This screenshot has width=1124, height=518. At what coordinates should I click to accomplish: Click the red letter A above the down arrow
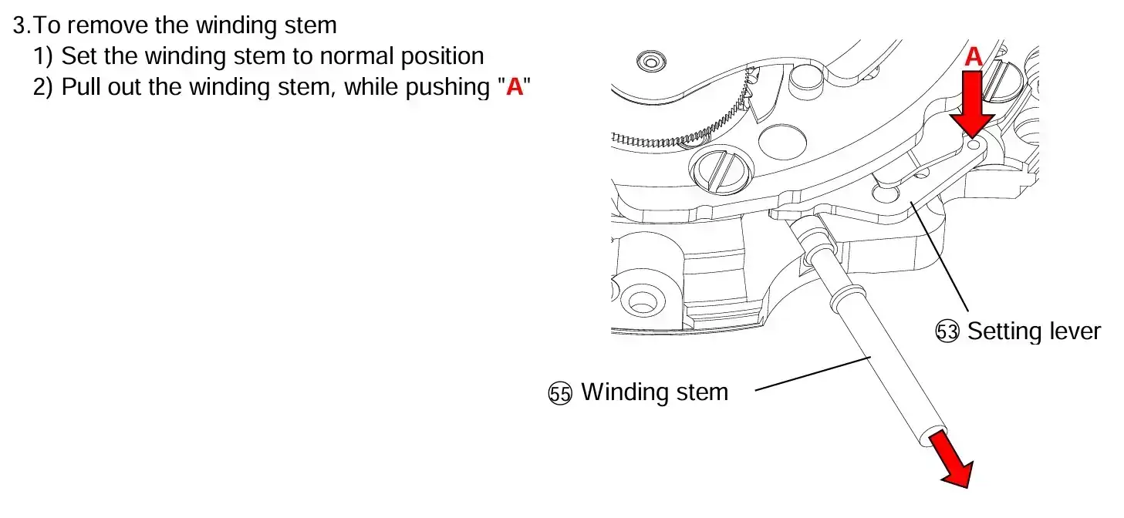click(973, 56)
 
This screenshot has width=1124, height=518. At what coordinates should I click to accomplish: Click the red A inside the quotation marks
click(515, 87)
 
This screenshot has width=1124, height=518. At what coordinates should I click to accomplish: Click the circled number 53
click(947, 331)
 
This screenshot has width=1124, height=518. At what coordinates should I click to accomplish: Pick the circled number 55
click(560, 393)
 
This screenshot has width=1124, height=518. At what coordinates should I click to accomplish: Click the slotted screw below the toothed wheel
click(721, 171)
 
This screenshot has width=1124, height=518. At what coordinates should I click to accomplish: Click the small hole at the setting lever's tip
click(974, 145)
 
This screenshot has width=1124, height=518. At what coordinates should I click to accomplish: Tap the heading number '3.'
click(22, 25)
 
